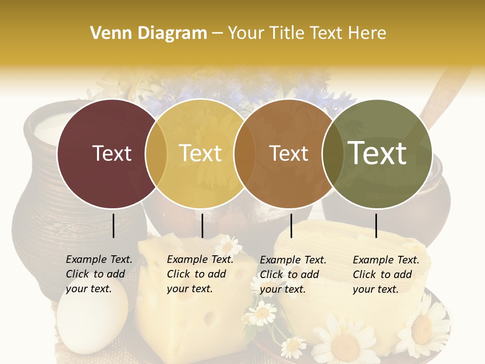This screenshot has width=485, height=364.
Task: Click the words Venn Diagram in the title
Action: [149, 33]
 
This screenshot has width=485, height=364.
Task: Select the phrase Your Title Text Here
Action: [307, 33]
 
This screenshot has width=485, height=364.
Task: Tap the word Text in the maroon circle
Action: [112, 153]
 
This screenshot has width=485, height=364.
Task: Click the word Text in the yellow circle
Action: [201, 153]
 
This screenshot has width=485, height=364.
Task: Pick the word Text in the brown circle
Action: [288, 153]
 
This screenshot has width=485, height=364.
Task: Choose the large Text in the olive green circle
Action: [377, 153]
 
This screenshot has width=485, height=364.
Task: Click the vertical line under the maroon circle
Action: [114, 225]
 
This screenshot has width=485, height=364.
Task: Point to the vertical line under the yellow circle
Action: [202, 225]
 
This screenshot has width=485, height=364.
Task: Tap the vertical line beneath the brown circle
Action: [292, 225]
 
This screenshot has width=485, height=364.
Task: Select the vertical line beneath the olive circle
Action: [376, 225]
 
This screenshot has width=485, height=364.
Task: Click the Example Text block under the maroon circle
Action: [99, 274]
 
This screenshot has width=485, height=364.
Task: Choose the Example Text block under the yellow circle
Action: [200, 274]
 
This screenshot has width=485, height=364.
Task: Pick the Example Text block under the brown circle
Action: [293, 274]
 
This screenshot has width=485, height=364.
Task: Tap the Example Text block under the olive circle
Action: [385, 274]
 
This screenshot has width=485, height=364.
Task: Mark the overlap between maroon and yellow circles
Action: [156, 153]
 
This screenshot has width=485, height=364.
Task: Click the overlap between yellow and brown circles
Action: [245, 153]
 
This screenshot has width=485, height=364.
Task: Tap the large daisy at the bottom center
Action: [344, 344]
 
